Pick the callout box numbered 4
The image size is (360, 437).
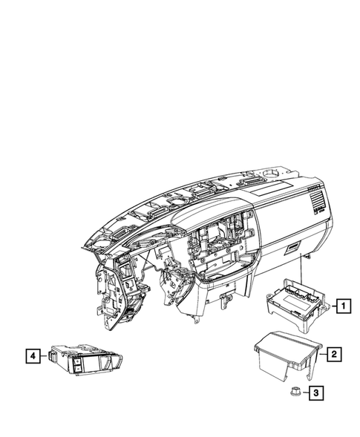coord(32,357)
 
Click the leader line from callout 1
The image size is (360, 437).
coord(328,303)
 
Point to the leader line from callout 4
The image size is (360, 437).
coord(44,357)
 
